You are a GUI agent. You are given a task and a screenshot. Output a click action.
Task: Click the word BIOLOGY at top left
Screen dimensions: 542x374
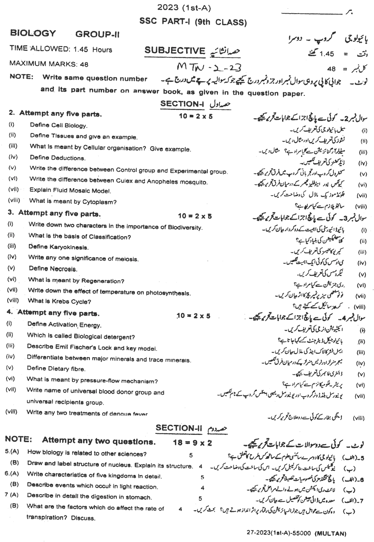33,33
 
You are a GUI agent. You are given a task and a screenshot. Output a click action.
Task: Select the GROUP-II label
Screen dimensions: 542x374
97,35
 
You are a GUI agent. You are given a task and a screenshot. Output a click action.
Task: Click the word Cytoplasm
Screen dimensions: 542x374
99,202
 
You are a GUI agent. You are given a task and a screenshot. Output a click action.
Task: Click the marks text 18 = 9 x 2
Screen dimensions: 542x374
192,443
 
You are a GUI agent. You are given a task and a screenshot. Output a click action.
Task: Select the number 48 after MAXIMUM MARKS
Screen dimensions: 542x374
84,64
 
